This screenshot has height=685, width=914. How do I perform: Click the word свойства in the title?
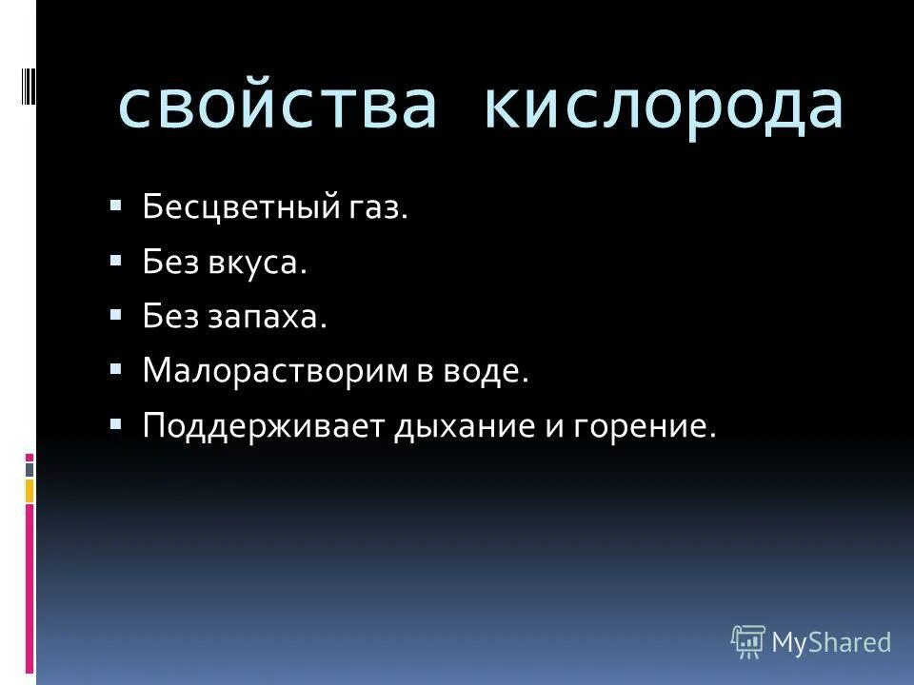(276, 106)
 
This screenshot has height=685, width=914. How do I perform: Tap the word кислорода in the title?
(664, 106)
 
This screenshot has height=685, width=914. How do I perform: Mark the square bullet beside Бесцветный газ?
(116, 205)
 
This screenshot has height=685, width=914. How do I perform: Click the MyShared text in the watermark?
(831, 643)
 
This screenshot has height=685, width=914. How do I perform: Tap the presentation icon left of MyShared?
(748, 642)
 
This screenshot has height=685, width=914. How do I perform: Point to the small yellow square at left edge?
(30, 490)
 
